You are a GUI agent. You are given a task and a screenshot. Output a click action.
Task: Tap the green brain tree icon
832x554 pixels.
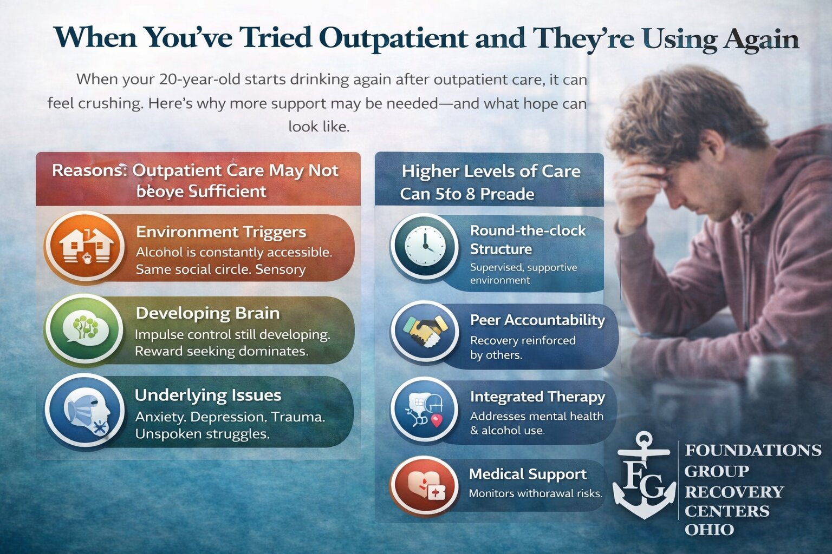pos(83,328)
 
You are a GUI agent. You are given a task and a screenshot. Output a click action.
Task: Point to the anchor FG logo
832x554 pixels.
pos(644,477)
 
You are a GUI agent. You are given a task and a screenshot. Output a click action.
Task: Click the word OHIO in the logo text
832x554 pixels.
pos(709,530)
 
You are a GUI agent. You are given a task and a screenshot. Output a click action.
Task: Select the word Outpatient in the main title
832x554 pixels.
pos(393,38)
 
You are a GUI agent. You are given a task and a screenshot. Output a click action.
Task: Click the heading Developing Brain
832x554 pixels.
pos(207,313)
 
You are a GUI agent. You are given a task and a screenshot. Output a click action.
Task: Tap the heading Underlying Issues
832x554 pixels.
pos(207,395)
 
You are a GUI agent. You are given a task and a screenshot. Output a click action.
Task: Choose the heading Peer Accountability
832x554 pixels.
pos(537,320)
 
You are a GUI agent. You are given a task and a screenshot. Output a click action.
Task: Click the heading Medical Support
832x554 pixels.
pos(527,474)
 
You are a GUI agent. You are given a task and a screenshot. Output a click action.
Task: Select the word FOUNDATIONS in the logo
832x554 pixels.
pos(752,450)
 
